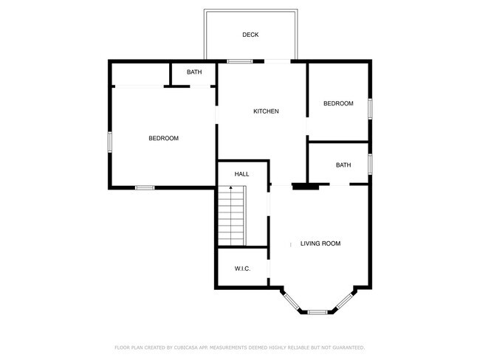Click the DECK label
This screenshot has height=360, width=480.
click(250, 35)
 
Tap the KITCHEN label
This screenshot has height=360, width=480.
click(266, 111)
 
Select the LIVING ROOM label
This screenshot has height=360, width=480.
click(320, 243)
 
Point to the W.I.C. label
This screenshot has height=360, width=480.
click(242, 269)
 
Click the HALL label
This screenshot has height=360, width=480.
click(241, 174)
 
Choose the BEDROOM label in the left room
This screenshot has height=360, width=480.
click(163, 138)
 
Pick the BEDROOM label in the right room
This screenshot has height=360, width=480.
click(338, 104)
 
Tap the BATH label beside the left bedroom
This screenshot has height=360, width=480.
click(194, 72)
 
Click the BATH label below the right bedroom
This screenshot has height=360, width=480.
click(343, 165)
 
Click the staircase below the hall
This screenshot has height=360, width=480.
click(231, 218)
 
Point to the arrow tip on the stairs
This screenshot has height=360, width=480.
click(231, 188)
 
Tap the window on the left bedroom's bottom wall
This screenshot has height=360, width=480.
click(145, 187)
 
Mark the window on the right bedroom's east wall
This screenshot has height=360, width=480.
click(370, 106)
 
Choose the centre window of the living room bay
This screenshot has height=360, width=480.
click(319, 312)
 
